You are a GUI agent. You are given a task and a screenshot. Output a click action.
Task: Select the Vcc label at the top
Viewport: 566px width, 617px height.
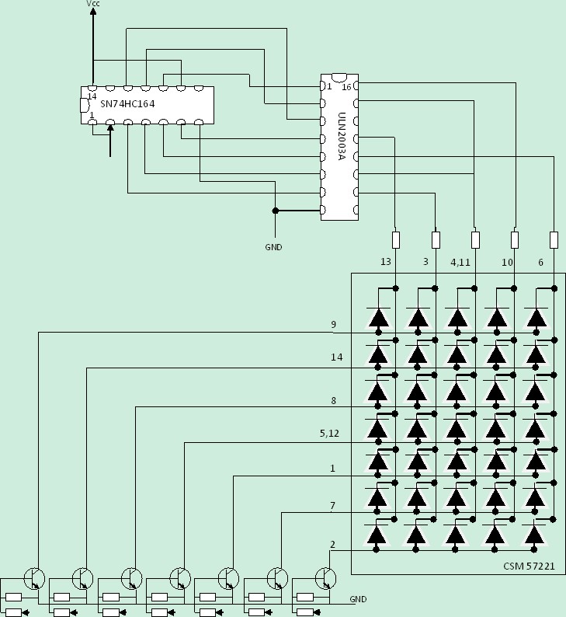pyautogui.click(x=92, y=5)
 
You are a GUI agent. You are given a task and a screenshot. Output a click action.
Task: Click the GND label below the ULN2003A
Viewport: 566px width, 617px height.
pyautogui.click(x=273, y=247)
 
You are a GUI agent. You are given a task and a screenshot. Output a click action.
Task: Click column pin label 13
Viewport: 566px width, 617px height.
pyautogui.click(x=386, y=263)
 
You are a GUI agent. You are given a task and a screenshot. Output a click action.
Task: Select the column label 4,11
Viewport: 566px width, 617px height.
pyautogui.click(x=461, y=263)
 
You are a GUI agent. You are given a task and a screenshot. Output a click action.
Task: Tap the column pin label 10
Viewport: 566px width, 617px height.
pyautogui.click(x=507, y=263)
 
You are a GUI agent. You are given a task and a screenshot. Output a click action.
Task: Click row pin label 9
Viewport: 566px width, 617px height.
pyautogui.click(x=333, y=325)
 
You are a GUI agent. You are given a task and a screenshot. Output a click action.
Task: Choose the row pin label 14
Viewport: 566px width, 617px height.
pyautogui.click(x=335, y=357)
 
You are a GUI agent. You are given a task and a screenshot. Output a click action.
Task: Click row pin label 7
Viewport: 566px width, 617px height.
pyautogui.click(x=332, y=506)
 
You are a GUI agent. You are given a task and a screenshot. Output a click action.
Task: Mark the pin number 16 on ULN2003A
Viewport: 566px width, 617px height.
pyautogui.click(x=346, y=87)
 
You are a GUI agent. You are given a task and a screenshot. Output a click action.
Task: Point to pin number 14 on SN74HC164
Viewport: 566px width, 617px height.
pyautogui.click(x=92, y=96)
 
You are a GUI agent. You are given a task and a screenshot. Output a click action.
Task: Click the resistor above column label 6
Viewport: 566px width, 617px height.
pyautogui.click(x=554, y=239)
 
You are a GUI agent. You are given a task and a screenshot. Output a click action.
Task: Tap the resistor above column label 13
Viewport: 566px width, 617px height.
pyautogui.click(x=396, y=239)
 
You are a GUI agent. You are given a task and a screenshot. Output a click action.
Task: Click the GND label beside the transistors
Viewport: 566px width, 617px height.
pyautogui.click(x=358, y=599)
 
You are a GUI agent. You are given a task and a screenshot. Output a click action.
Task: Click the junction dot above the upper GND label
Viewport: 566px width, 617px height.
pyautogui.click(x=275, y=211)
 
